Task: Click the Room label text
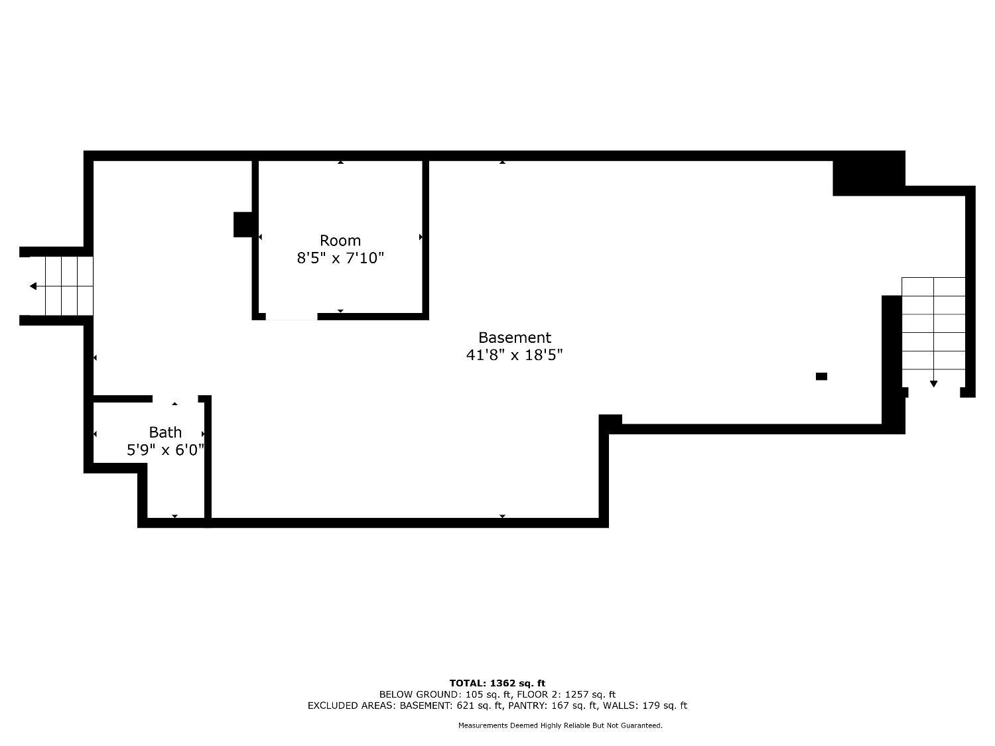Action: tap(340, 240)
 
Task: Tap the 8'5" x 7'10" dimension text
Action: tap(340, 258)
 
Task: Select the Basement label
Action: tap(515, 338)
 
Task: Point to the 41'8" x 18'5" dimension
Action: tap(515, 355)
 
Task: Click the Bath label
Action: tap(165, 432)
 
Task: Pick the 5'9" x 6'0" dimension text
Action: tap(165, 450)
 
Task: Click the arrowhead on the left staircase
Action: tap(33, 286)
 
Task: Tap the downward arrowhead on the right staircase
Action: tap(933, 384)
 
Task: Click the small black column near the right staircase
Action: tap(821, 376)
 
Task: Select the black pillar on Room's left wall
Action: tap(243, 224)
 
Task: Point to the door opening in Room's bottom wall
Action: tap(291, 316)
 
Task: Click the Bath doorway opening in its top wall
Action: tap(175, 399)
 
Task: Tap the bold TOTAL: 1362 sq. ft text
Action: tap(497, 683)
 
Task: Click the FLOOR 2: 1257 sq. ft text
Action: tap(566, 694)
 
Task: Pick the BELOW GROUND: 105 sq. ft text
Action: tap(446, 694)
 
